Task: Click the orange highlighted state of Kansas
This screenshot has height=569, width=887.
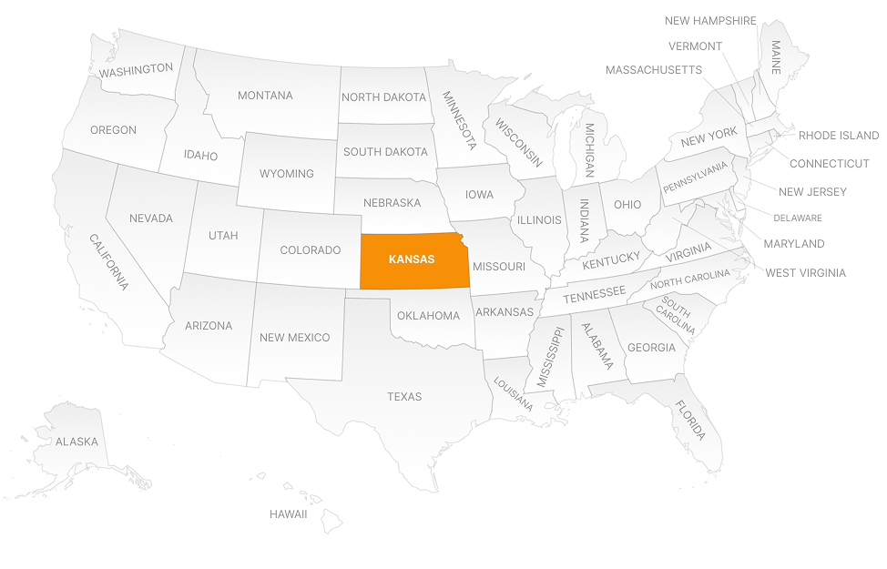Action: tap(413, 260)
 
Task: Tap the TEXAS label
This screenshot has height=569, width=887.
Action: tap(404, 396)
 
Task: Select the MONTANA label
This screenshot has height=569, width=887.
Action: tap(265, 96)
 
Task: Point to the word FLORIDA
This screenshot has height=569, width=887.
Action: tap(689, 420)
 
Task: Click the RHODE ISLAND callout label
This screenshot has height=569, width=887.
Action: tap(838, 136)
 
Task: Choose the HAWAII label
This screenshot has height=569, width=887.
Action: tap(288, 514)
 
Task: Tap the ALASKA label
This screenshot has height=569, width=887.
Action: tap(76, 442)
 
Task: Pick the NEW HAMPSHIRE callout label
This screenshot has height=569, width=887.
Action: tap(710, 21)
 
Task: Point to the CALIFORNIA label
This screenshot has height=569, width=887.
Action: tap(108, 262)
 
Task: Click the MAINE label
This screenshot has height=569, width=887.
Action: tap(776, 57)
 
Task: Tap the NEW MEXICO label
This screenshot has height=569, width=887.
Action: tap(294, 338)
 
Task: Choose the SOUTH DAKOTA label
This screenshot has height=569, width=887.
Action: tap(384, 152)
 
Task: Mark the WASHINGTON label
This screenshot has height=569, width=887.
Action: tap(136, 69)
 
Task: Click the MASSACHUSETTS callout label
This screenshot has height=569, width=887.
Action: tap(653, 70)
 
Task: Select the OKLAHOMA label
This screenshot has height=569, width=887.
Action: tap(428, 316)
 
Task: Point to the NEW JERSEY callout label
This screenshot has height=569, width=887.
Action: tap(812, 192)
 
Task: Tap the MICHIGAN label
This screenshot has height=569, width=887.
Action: tap(589, 150)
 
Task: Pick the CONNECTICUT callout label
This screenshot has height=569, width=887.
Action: tap(829, 164)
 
